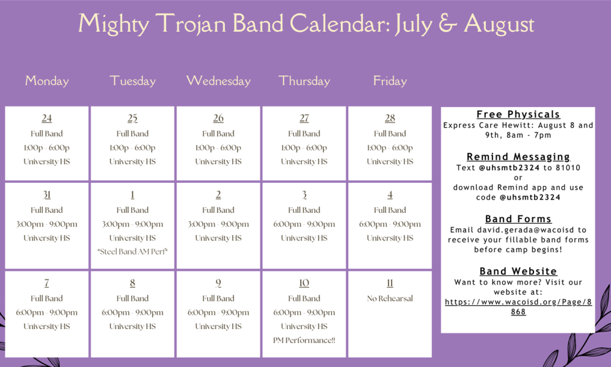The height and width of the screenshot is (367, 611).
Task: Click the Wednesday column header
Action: point(218,81)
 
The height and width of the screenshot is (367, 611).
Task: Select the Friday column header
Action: point(390,81)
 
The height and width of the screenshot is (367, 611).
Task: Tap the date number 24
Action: point(47,118)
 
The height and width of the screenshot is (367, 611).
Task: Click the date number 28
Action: point(390,118)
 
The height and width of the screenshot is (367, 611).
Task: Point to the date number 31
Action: point(47,195)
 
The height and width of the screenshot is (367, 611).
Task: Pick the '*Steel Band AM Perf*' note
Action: point(133,251)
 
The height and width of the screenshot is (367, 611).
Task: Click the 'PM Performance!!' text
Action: point(304,340)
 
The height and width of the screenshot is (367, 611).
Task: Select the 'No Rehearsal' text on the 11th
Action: point(390,298)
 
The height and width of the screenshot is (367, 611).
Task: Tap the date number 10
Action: point(304,283)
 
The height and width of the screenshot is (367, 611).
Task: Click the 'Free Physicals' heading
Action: point(518,114)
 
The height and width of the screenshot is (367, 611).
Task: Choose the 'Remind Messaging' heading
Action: point(518,157)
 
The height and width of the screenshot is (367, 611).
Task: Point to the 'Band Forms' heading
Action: point(518,219)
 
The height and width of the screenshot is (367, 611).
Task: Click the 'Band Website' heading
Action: point(518,272)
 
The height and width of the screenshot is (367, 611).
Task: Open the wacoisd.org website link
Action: point(518,306)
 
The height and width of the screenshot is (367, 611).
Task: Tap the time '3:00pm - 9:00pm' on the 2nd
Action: point(218,224)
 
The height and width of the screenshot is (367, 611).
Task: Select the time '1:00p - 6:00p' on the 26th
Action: point(218,147)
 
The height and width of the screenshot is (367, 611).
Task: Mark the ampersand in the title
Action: point(447,24)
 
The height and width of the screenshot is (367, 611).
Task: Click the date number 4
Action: point(390,195)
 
